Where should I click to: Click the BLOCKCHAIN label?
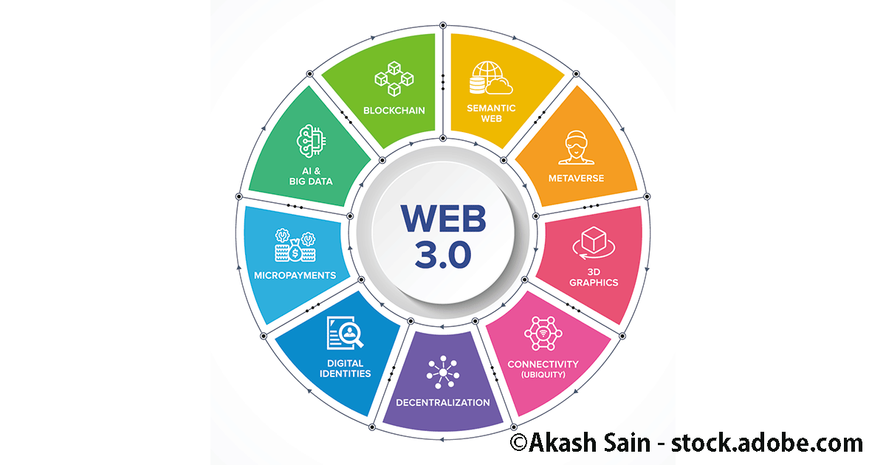(x=394, y=111)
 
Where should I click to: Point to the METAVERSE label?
(x=576, y=178)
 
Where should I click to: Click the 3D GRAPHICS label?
(x=594, y=277)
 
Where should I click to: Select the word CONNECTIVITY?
(x=543, y=364)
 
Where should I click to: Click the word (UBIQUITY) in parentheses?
(x=543, y=374)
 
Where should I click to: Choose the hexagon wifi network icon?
(x=543, y=333)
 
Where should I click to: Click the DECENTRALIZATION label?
(x=443, y=402)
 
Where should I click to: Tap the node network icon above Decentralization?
(x=443, y=371)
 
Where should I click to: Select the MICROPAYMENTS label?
(x=295, y=275)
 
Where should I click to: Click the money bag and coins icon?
(x=295, y=245)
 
